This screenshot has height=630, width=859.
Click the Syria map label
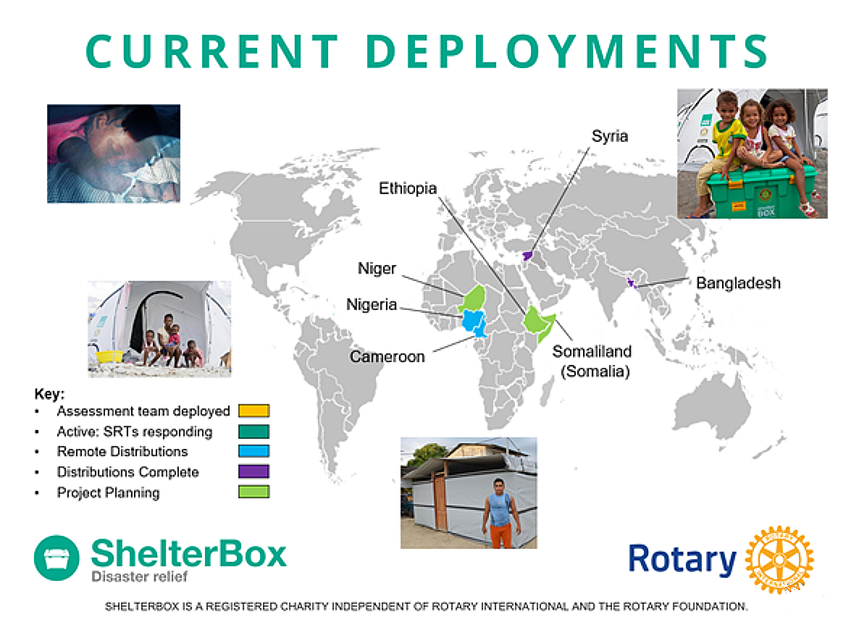pos(610,136)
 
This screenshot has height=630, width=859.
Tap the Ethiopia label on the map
pos(408,188)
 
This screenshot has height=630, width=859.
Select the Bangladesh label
pos(738,282)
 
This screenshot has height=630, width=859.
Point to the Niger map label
pos(377,269)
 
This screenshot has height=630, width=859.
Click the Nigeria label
pos(372,305)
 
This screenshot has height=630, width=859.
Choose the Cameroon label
pos(387,356)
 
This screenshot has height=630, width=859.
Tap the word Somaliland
pos(592,351)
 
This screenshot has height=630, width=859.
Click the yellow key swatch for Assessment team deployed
pos(253,411)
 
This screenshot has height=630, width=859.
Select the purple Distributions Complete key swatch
pos(253,471)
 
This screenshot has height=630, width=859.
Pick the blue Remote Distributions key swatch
pos(253,451)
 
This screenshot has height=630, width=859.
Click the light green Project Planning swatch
pos(253,492)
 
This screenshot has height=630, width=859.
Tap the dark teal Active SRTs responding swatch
pos(253,431)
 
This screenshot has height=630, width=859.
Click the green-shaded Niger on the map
pos(474,298)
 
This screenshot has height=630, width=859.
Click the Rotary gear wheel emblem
pos(779,560)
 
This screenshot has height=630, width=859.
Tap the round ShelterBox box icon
pos(56,558)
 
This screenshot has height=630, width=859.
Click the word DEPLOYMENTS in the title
pos(566,51)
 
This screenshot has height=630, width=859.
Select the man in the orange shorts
pos(498,513)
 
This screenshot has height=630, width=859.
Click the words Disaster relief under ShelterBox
pos(139,576)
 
